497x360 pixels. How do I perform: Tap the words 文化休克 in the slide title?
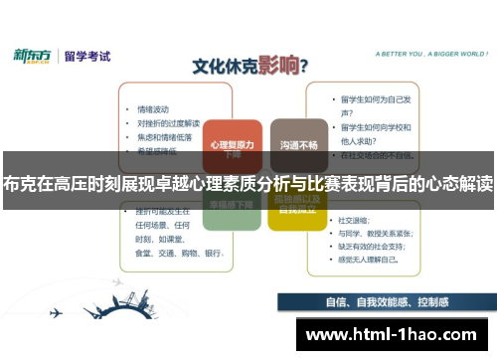[219, 68]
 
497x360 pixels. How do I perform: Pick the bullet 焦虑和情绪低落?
[165, 137]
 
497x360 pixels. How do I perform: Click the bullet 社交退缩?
[355, 220]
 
